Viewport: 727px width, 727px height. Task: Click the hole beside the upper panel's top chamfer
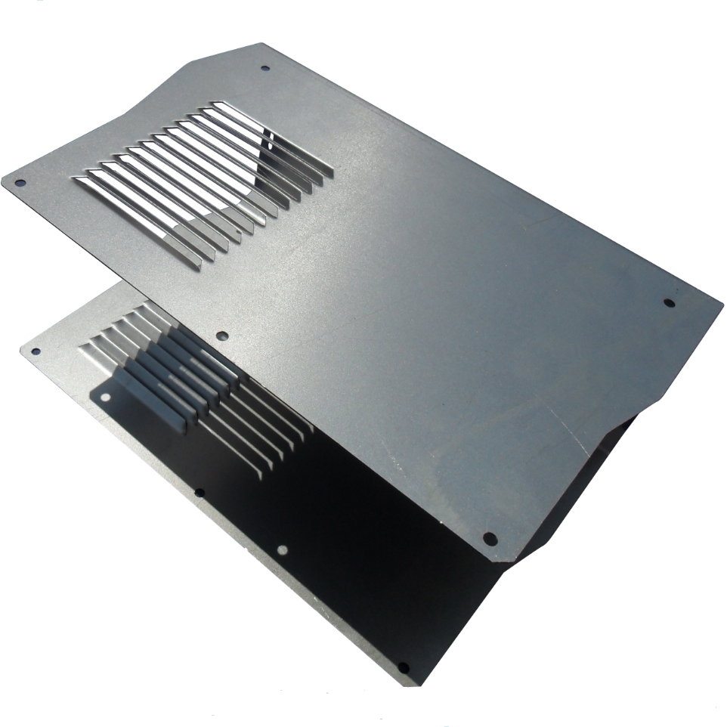(x=265, y=68)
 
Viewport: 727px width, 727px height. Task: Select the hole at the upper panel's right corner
(x=668, y=303)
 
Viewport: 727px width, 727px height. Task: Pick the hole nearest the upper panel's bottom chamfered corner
(x=490, y=539)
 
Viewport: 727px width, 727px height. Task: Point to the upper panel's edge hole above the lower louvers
(x=221, y=336)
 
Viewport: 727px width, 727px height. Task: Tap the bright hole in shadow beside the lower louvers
(x=105, y=396)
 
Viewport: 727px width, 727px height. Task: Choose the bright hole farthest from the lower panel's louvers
(x=283, y=550)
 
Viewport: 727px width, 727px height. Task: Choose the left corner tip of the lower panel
(x=21, y=349)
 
